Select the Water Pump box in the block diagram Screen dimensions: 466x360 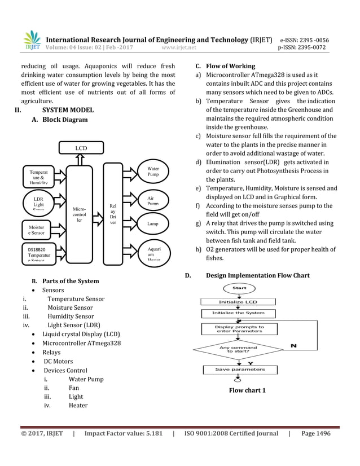(x=153, y=172)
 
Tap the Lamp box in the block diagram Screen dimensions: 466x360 (x=153, y=224)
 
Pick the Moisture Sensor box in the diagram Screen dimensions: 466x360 (x=38, y=228)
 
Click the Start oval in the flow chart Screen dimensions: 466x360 (x=239, y=288)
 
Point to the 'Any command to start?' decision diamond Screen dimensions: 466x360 (x=238, y=350)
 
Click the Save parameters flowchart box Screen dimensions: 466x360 (x=240, y=370)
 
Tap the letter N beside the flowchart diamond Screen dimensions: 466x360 (x=294, y=345)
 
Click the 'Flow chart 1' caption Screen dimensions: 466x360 (x=247, y=390)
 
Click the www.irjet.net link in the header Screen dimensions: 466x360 (x=179, y=48)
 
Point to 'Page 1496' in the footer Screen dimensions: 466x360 (x=316, y=433)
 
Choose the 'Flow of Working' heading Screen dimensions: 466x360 (x=230, y=66)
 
